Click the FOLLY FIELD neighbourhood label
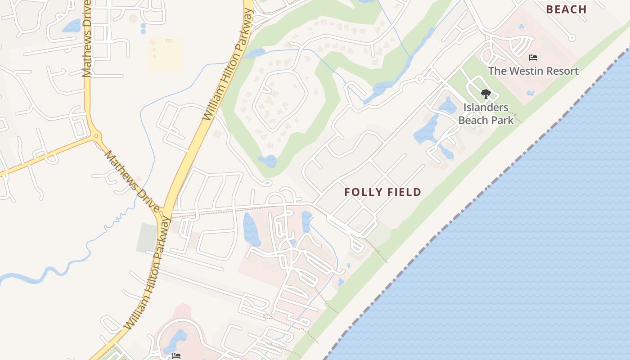coord(382,192)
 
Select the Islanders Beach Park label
coord(486,113)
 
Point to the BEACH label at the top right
coord(566,9)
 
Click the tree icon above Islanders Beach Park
coord(486,94)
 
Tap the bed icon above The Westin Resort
coord(533,58)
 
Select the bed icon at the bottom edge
coord(176,356)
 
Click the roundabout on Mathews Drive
coord(95,135)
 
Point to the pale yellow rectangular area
coord(165,54)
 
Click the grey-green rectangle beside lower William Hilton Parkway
coord(147,238)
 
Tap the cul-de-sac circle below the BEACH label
coord(572,38)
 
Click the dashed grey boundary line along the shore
coord(472,202)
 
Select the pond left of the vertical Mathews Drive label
coord(72,26)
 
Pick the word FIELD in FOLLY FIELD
coord(402,192)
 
